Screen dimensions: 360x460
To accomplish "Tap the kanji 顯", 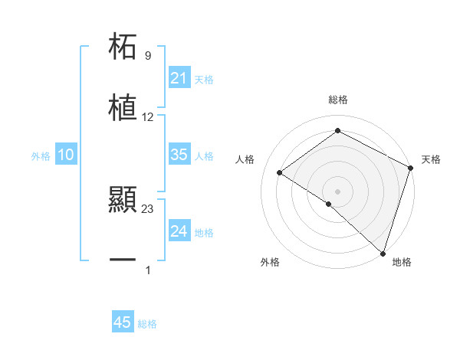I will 123,201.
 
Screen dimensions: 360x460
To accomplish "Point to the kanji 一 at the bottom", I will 123,261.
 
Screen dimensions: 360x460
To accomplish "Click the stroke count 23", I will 148,209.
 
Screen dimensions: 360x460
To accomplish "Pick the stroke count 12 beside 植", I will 148,117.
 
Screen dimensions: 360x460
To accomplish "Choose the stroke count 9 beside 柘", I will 148,56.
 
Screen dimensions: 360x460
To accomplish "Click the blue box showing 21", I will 179,78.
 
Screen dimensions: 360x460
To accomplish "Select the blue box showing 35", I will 179,155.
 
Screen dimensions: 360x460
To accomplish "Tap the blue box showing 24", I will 179,231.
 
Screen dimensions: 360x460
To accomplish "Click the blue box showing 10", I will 66,155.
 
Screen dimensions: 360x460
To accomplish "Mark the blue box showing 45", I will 123,322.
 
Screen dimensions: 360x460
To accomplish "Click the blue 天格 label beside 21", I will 204,79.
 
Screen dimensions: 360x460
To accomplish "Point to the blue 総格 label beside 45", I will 147,324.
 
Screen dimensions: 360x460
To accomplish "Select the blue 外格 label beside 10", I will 41,155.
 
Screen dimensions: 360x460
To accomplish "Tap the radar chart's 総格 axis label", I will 338,100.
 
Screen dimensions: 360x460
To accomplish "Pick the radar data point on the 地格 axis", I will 383,253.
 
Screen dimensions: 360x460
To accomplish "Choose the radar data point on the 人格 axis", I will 280,172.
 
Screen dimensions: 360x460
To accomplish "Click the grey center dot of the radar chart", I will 338,191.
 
